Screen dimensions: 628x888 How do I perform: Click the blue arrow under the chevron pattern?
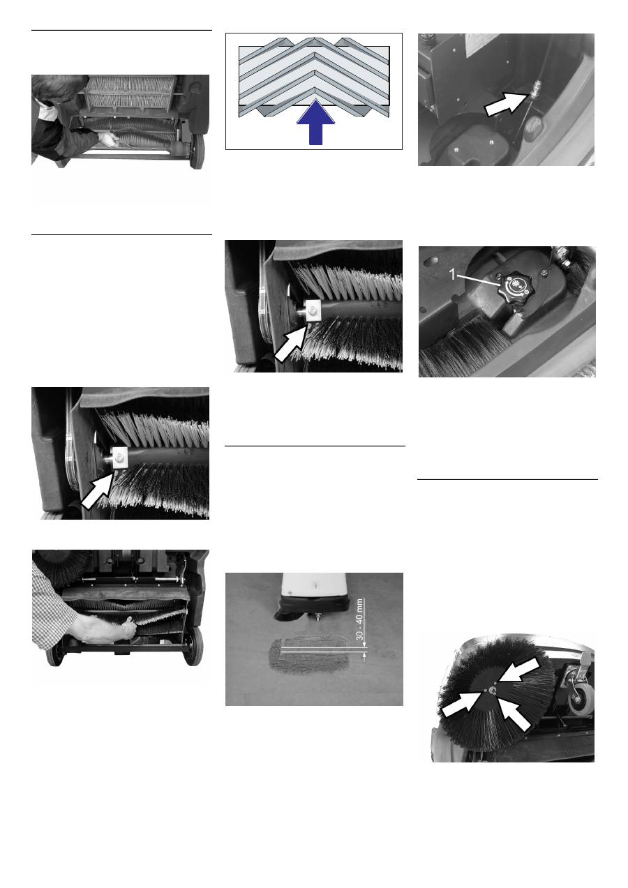click(316, 123)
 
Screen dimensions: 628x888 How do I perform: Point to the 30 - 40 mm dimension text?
click(359, 619)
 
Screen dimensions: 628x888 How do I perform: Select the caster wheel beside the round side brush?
click(581, 701)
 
